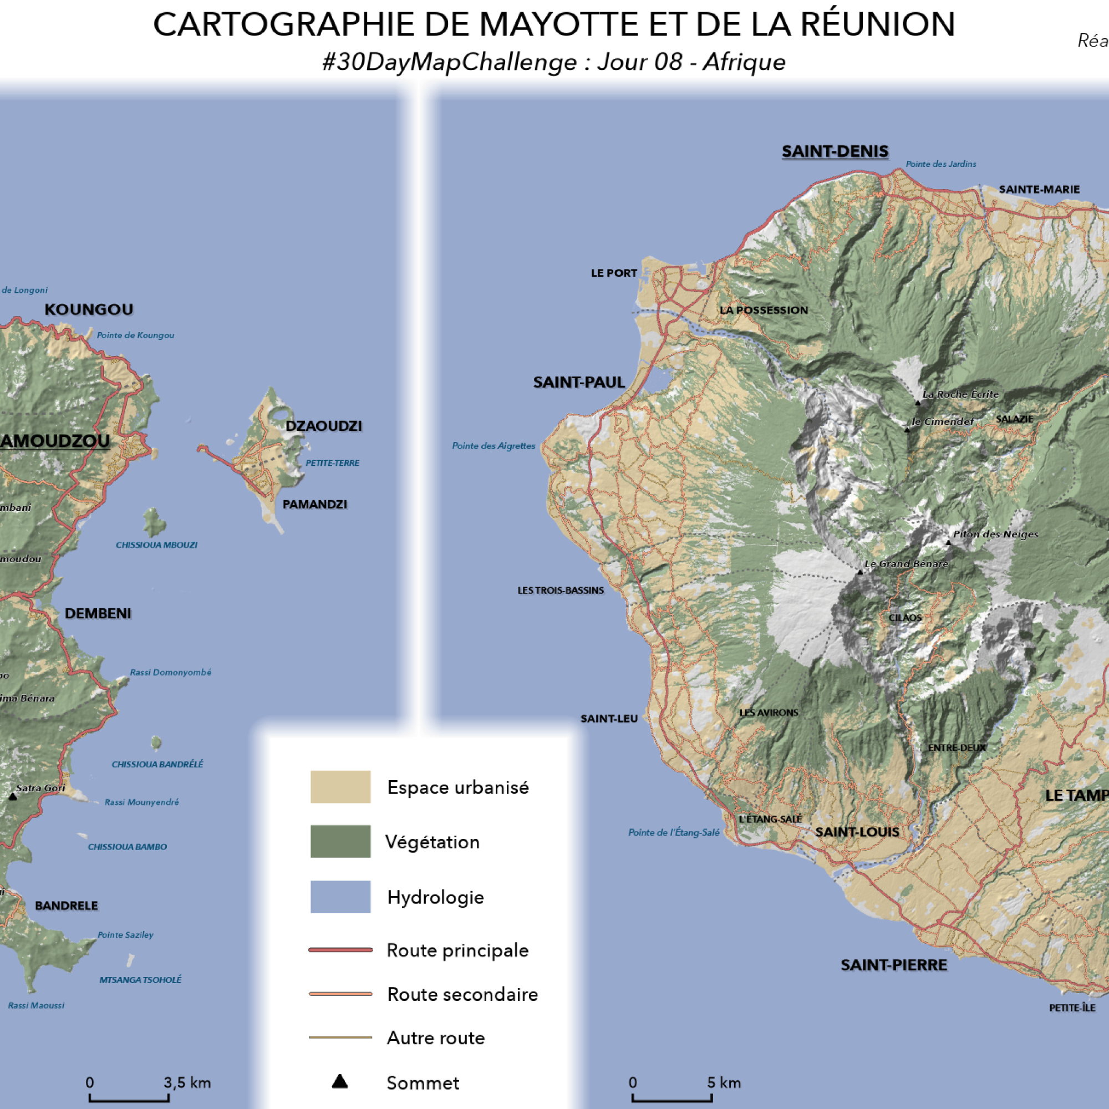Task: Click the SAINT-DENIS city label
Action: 835,151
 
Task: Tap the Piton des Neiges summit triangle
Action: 948,542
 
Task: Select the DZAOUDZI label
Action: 323,426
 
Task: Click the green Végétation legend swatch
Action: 340,842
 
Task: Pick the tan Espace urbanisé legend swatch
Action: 340,786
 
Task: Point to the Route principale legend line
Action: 340,950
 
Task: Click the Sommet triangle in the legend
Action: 340,1082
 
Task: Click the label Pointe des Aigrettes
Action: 493,446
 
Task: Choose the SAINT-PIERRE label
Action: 894,965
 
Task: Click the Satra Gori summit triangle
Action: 13,797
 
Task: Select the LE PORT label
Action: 614,273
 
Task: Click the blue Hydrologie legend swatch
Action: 340,897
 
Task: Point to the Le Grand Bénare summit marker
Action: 860,572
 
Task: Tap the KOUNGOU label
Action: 89,310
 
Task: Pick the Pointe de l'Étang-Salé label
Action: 673,832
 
